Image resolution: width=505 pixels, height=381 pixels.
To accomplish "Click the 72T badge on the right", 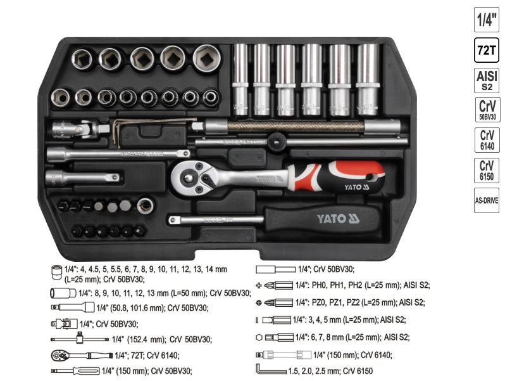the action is pos(486,50).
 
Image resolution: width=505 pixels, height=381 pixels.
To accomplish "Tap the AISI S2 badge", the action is pos(487,80).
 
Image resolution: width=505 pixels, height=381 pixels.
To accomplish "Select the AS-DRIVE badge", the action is pos(486,200).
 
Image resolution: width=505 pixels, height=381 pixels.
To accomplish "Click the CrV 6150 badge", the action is pos(487,171).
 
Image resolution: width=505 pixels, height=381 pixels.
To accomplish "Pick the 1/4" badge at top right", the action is pos(486,20).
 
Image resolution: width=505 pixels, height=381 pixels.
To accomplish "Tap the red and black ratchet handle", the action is pos(336,177).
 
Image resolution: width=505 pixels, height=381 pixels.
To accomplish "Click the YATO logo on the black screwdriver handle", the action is pos(338,219).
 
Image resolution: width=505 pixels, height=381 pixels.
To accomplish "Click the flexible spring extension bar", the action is pos(296,126).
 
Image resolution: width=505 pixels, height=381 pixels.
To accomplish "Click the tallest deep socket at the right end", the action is pos(368,79).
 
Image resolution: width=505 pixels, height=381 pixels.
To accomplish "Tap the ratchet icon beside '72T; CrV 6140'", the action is pos(82,355).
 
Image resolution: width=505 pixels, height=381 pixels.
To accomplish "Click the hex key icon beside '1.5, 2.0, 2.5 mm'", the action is pos(271,369).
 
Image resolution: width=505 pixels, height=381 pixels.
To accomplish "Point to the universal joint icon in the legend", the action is pos(64,323).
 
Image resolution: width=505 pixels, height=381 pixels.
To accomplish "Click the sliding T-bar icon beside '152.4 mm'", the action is pos(80,339).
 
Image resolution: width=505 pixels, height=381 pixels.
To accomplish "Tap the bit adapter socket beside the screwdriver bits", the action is pos(146,205).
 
